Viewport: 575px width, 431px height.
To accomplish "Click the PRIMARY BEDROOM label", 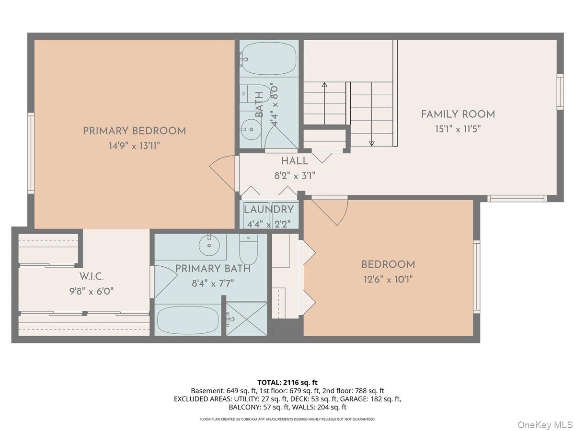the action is point(134,131).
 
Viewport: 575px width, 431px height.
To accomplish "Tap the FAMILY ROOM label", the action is point(458,114).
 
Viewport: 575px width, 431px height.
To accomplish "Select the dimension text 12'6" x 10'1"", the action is point(388,280).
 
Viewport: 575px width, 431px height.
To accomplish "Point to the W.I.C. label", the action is point(92,276).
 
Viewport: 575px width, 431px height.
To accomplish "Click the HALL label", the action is point(295,161).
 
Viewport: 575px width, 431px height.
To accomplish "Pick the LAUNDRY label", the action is point(269,209).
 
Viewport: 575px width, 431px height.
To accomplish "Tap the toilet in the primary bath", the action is point(248,250).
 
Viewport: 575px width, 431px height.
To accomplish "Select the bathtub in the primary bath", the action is point(187,320).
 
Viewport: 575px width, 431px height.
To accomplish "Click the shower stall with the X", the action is point(246,319).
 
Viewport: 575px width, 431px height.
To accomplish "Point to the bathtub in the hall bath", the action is point(269,58).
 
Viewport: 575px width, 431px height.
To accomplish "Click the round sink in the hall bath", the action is point(251,129).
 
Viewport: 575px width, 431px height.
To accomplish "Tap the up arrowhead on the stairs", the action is point(324,85).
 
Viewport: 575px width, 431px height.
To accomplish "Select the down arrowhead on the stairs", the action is point(371,143).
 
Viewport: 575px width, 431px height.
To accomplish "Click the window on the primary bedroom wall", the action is point(31,153).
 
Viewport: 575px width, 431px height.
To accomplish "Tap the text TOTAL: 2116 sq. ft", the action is point(287,383).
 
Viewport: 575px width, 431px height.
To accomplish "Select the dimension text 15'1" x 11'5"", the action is point(458,129).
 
